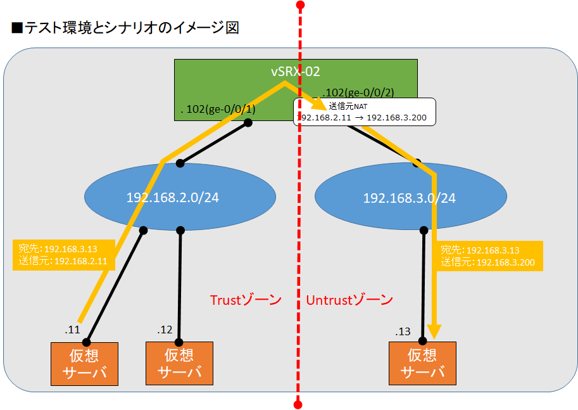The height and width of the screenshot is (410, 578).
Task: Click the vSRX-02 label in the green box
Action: point(295,72)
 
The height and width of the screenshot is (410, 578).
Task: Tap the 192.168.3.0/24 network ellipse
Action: point(409,198)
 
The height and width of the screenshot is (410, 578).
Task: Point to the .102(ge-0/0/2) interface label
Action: point(358,92)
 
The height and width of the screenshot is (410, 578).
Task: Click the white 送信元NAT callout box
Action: point(365,112)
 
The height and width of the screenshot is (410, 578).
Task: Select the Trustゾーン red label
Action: point(245,300)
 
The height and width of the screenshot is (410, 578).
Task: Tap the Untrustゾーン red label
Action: point(349,300)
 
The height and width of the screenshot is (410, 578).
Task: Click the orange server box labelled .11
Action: point(85,364)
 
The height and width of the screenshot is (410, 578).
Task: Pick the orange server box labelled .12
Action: point(179,364)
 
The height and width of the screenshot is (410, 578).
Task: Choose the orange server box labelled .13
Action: point(422,364)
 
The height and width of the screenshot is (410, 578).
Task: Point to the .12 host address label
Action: point(165,330)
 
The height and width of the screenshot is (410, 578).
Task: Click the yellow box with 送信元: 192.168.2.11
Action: point(63,255)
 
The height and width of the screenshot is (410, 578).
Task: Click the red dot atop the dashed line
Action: point(300,6)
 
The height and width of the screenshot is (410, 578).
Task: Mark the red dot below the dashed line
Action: point(297,403)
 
